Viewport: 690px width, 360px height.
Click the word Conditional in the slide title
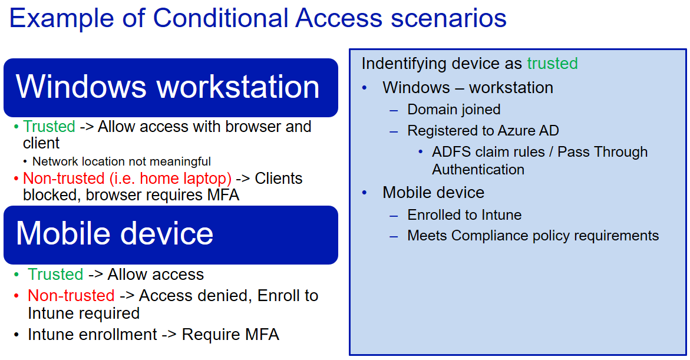tap(220, 18)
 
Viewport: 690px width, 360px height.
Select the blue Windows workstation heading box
tap(170, 87)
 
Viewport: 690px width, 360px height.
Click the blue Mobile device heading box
tap(170, 234)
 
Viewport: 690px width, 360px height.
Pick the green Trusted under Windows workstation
tap(49, 127)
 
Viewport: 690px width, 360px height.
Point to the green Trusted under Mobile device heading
tap(55, 275)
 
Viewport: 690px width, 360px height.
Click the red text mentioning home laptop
tap(127, 179)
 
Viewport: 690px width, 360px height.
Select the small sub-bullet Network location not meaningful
tap(121, 161)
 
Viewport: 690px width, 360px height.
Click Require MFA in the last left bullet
tap(230, 335)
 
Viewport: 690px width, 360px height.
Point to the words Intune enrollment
tap(92, 335)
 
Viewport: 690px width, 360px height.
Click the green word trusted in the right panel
tap(552, 64)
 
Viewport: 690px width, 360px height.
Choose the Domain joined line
tap(454, 110)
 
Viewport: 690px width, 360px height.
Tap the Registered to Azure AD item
tap(483, 131)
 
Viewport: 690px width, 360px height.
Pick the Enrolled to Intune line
tap(464, 215)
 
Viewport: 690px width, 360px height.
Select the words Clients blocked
tap(279, 179)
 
